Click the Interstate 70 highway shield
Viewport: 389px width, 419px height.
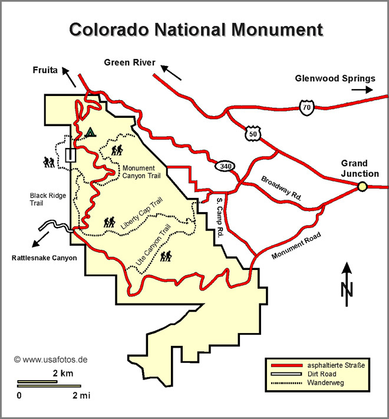pyautogui.click(x=305, y=108)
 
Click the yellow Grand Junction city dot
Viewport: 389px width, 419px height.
pyautogui.click(x=362, y=187)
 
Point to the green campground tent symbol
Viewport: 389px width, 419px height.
pyautogui.click(x=90, y=132)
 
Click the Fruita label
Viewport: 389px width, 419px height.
pyautogui.click(x=45, y=70)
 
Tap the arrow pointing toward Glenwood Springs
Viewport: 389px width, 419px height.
pyautogui.click(x=362, y=90)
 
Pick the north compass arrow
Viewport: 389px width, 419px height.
pyautogui.click(x=347, y=282)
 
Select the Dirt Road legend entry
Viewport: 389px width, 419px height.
pyautogui.click(x=320, y=374)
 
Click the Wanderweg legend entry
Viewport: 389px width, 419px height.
pyautogui.click(x=324, y=382)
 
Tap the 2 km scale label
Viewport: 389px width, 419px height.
pyautogui.click(x=62, y=374)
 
